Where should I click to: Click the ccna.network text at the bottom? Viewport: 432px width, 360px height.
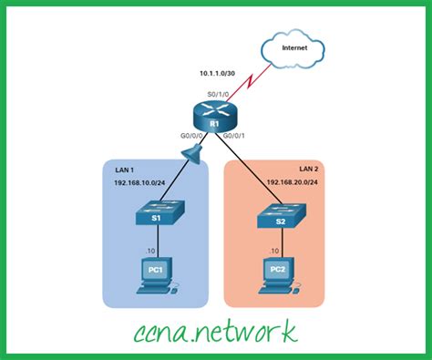point(216,329)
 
